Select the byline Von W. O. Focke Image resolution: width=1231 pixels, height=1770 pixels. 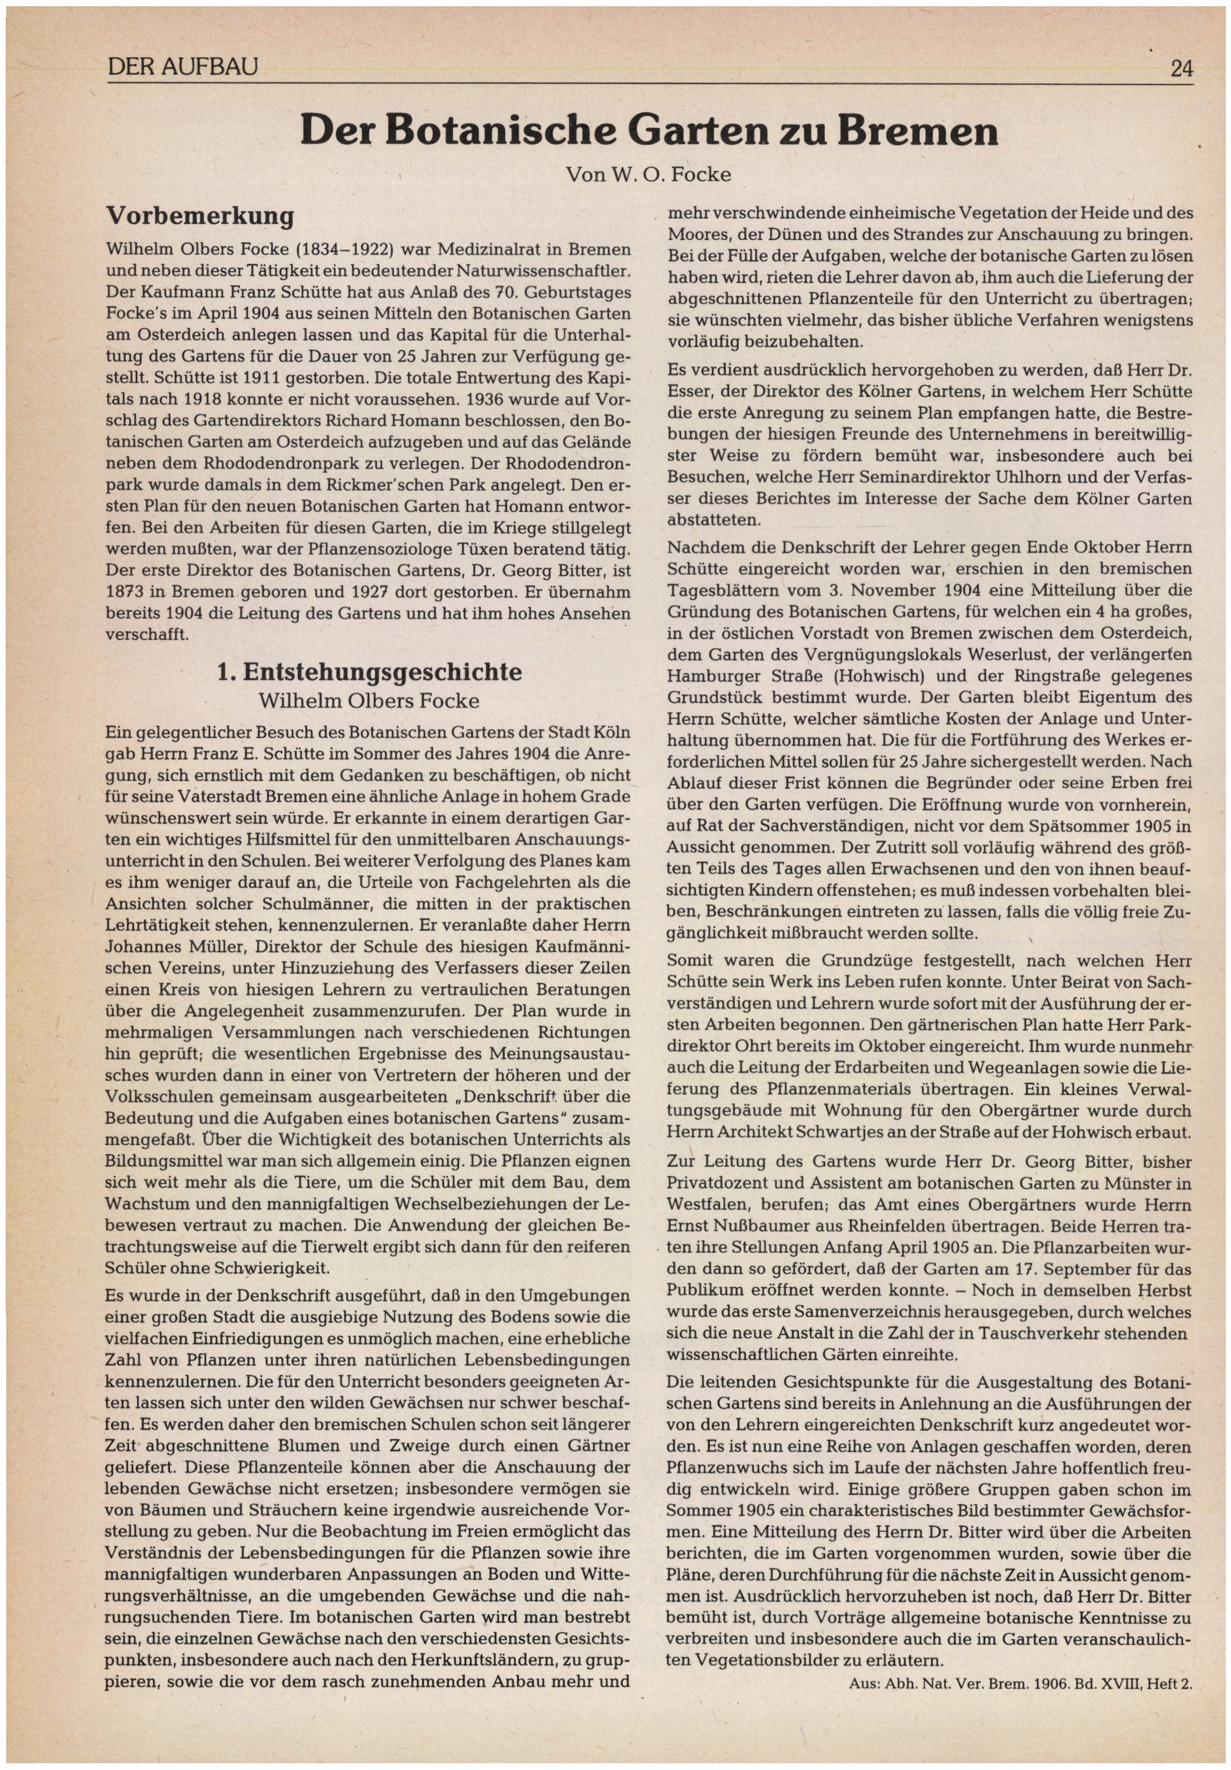[648, 174]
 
